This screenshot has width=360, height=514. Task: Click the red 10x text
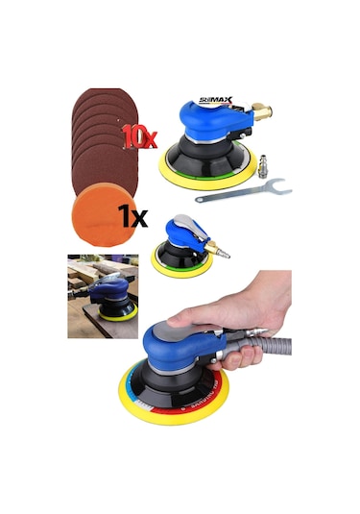click(x=139, y=136)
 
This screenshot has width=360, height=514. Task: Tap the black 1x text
click(x=132, y=215)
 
